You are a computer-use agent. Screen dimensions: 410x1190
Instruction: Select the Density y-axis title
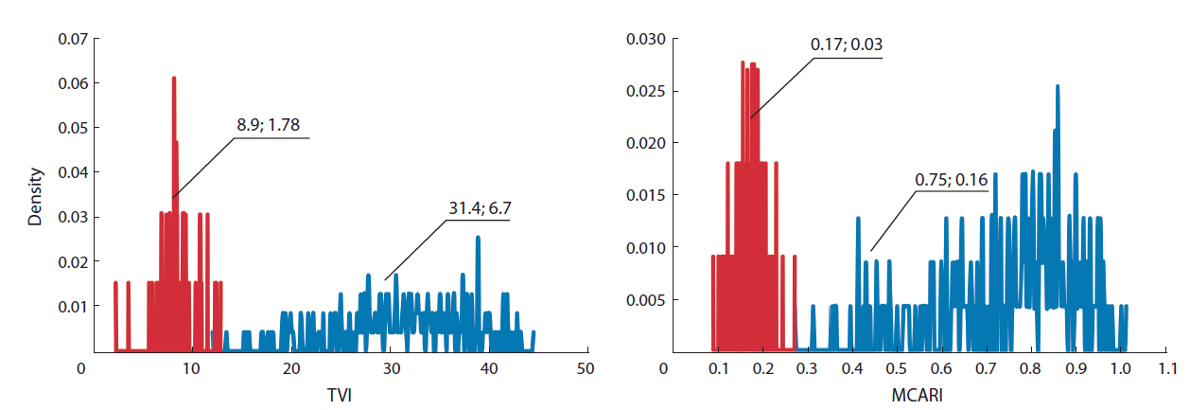tap(35, 197)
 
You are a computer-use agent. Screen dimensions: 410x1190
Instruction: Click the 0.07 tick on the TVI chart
tap(72, 40)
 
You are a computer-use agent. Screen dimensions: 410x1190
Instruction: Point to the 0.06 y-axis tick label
tap(72, 84)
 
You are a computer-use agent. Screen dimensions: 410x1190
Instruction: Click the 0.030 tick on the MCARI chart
tap(648, 40)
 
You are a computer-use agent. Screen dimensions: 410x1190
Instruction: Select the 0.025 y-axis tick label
tap(648, 92)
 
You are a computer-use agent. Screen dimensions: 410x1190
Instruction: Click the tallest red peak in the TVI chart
tap(174, 79)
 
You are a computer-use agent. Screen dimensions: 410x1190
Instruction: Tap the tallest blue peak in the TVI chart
tap(478, 238)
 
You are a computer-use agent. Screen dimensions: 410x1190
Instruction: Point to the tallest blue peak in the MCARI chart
tap(1058, 86)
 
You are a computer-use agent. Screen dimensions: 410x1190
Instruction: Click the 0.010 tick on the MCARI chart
tap(648, 248)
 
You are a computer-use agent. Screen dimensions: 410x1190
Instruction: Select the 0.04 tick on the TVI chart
tap(72, 173)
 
